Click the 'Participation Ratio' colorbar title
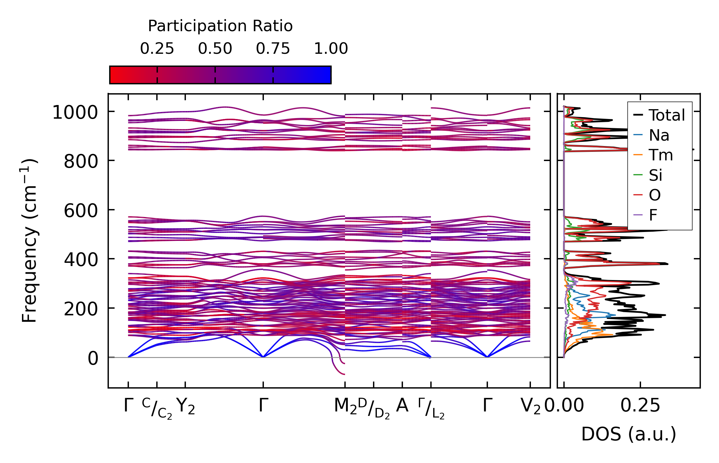[x=220, y=26]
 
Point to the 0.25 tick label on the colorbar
[x=157, y=49]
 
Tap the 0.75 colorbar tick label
[x=273, y=49]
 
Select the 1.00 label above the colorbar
[x=331, y=49]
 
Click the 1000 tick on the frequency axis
[x=75, y=113]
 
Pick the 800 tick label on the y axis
[x=81, y=162]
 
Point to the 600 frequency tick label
[x=81, y=211]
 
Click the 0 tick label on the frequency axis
[x=93, y=359]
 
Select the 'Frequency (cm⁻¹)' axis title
[x=30, y=241]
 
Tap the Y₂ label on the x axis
[x=185, y=406]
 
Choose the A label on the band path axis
[x=402, y=406]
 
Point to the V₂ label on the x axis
[x=530, y=406]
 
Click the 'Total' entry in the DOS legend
[x=666, y=115]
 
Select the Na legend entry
[x=659, y=135]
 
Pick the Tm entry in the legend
[x=661, y=155]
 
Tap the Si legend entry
[x=655, y=175]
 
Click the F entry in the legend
[x=653, y=215]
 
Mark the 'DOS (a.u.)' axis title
[x=629, y=434]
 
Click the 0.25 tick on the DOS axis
[x=640, y=406]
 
